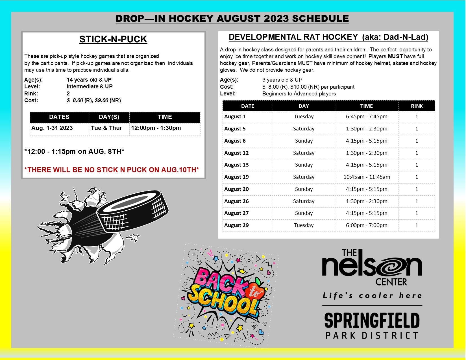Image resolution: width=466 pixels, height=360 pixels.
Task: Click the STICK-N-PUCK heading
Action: pos(113,40)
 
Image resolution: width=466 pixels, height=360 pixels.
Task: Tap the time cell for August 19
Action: pos(367,177)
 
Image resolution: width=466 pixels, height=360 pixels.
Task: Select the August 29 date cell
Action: pos(248,225)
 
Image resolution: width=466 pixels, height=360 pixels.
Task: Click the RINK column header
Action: pos(417,106)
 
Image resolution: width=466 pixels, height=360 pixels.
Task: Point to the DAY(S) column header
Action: pos(109,117)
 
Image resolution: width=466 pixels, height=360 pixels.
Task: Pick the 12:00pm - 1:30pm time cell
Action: pos(165,128)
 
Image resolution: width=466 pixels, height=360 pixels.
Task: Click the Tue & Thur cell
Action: pos(109,128)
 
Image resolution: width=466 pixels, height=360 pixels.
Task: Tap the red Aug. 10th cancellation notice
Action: pos(112,170)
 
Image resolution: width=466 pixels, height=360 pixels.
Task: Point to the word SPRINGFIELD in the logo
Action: pos(372,320)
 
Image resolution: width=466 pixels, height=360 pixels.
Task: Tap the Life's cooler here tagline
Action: pos(372,296)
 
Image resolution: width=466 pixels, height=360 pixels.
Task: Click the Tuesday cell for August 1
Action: pos(304,117)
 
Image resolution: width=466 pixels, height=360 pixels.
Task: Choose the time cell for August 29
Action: pos(367,225)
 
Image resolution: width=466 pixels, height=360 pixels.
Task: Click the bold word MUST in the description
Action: pos(395,56)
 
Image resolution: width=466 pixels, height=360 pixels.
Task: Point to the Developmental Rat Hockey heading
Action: pos(328,37)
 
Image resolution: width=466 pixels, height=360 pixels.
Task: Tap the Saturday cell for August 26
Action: pos(304,201)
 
